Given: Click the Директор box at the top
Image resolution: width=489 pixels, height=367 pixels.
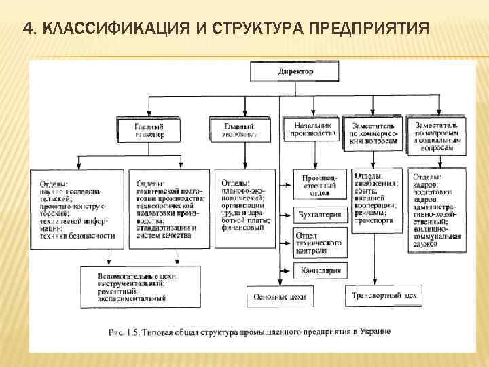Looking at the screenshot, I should pos(295,71).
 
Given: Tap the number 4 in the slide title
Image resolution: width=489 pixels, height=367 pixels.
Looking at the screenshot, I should pos(26,29).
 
